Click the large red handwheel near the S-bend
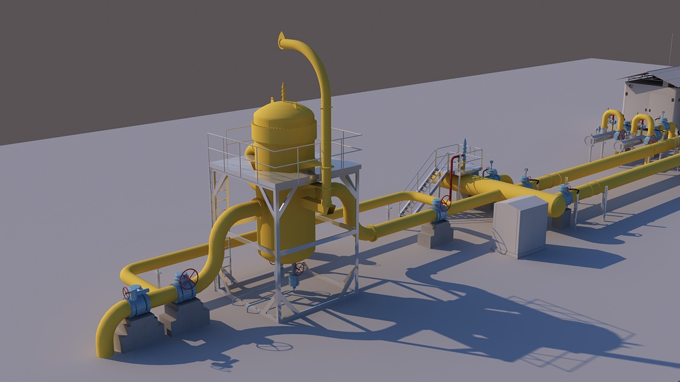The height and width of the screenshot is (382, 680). [x=188, y=278]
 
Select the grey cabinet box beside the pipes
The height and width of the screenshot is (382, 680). [x=520, y=226]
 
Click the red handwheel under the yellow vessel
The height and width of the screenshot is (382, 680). [x=299, y=268]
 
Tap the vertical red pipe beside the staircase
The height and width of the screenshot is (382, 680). [x=451, y=177]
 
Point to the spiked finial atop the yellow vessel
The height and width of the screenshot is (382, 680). [x=283, y=91]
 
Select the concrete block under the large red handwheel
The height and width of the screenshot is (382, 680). [x=186, y=315]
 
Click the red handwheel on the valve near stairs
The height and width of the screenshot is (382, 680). [x=445, y=203]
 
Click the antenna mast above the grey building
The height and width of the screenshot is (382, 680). [x=671, y=51]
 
